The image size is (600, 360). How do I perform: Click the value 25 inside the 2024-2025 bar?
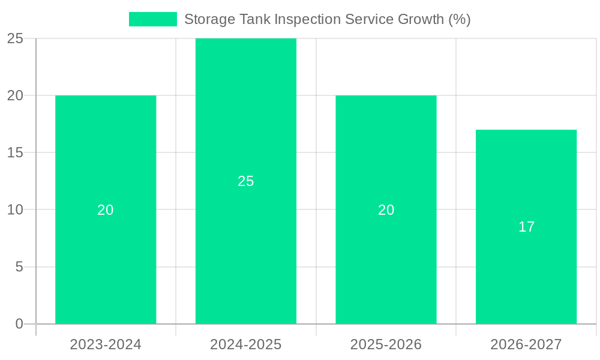(x=246, y=181)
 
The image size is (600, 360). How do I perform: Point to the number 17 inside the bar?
(x=526, y=227)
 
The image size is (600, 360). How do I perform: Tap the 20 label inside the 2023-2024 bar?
(x=106, y=210)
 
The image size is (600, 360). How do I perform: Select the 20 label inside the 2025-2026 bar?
(x=386, y=210)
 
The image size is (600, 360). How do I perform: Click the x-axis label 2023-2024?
(x=106, y=344)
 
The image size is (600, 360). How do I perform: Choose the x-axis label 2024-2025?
(x=246, y=344)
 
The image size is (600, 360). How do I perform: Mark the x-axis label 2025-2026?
(x=386, y=344)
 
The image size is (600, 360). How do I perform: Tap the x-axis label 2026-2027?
(x=526, y=344)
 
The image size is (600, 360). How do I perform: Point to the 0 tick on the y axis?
(x=19, y=324)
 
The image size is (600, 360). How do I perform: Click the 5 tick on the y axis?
(x=19, y=267)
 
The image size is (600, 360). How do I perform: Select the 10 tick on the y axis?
(x=15, y=210)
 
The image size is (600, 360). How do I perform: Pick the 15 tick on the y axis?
(x=15, y=152)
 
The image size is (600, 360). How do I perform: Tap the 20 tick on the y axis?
(x=15, y=95)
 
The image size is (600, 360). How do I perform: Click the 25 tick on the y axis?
(x=15, y=38)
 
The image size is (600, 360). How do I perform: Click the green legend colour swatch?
(x=153, y=19)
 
